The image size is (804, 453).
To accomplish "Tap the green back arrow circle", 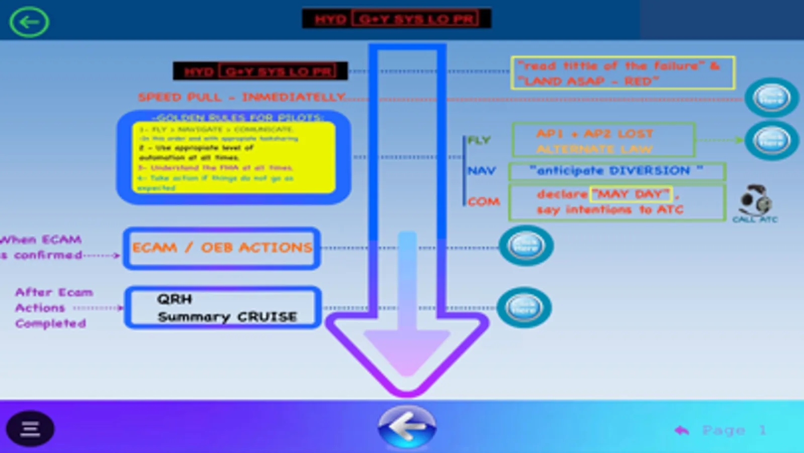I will (29, 22).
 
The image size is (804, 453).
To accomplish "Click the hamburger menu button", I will (30, 429).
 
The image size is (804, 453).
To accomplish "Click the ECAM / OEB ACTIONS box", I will (222, 248).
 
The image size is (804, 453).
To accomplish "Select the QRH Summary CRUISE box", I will (223, 308).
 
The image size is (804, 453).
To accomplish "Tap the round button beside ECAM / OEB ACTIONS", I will (526, 246).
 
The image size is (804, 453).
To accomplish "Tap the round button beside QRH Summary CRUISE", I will (524, 308).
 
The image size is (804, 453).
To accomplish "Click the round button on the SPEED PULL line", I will (771, 98).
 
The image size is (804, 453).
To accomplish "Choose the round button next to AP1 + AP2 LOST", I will (771, 140).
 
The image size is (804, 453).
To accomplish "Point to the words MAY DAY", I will (631, 194).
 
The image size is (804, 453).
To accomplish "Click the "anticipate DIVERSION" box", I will (617, 171).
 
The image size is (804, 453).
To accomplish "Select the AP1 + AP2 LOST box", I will (603, 140).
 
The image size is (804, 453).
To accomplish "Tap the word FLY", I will (479, 140).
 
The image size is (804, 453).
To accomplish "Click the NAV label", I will (481, 171).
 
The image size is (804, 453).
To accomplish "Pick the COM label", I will (484, 202).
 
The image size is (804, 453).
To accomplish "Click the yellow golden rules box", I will (234, 158).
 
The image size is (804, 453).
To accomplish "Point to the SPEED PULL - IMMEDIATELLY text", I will (241, 97).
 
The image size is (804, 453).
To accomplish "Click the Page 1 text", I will (734, 430).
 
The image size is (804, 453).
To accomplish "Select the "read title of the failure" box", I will (622, 73).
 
